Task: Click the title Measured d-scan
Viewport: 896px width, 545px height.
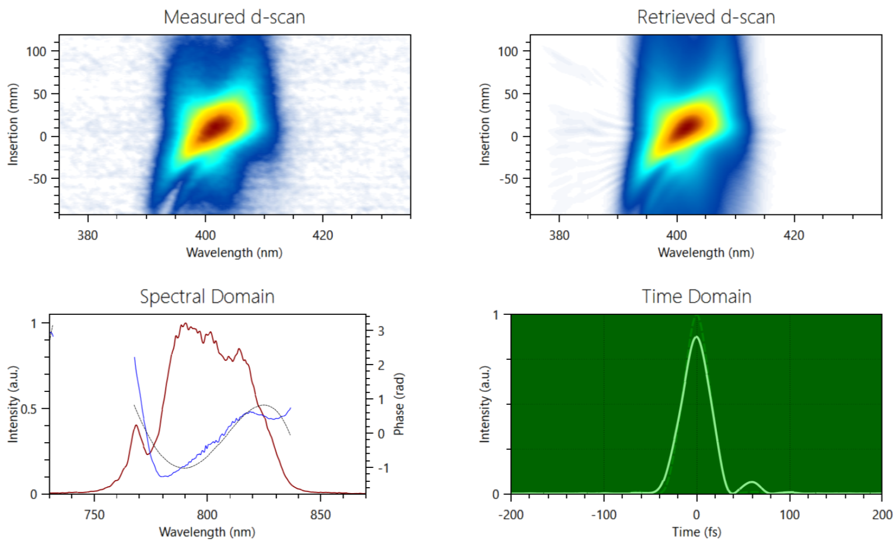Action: (x=234, y=17)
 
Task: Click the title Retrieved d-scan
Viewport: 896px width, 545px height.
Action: (x=706, y=17)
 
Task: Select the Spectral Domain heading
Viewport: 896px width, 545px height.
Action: (x=207, y=296)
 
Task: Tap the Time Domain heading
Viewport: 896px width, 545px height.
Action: (x=696, y=296)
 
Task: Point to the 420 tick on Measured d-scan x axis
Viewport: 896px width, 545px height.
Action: (x=323, y=235)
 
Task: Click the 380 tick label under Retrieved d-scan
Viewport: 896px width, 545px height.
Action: (x=559, y=235)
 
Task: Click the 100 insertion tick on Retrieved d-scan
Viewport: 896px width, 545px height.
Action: (x=508, y=51)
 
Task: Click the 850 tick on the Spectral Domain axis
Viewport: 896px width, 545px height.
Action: (x=320, y=515)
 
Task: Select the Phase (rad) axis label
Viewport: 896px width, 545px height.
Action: (x=399, y=404)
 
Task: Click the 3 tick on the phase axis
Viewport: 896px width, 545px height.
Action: (x=381, y=331)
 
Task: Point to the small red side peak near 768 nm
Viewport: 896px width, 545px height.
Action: (x=136, y=426)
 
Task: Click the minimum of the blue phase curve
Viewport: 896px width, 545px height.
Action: (x=164, y=477)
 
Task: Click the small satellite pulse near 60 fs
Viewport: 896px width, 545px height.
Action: (x=752, y=482)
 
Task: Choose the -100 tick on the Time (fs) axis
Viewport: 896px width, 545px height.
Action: (x=604, y=515)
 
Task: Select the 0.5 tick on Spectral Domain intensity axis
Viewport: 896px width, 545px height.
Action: (x=29, y=409)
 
